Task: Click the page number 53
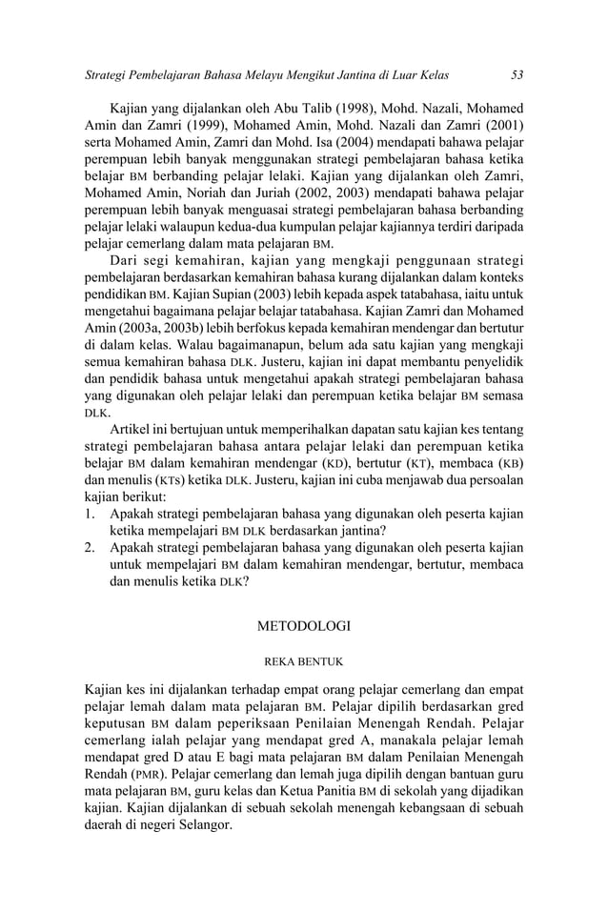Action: (x=517, y=74)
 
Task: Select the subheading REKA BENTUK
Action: (x=304, y=659)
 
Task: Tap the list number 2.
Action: (x=89, y=550)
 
